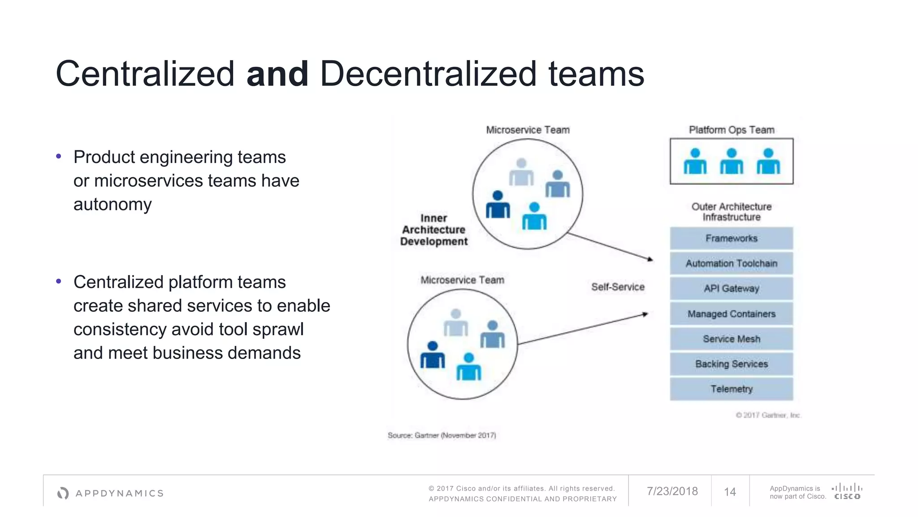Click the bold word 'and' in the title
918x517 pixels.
[x=277, y=74]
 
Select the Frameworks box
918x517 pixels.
[x=731, y=238]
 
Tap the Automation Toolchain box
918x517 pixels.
[x=731, y=263]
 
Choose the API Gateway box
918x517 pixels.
[x=731, y=289]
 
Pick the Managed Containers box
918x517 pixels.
[x=731, y=314]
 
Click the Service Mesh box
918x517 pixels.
[x=731, y=339]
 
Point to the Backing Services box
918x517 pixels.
[x=731, y=364]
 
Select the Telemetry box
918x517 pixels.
[x=731, y=389]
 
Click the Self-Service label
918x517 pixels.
[x=618, y=287]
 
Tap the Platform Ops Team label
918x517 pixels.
[x=732, y=130]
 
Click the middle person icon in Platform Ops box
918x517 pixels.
[x=732, y=162]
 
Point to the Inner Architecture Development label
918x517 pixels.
[x=433, y=230]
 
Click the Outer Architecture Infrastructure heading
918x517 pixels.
[x=732, y=212]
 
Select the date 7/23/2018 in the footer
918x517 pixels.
[x=672, y=491]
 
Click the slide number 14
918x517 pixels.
[x=730, y=492]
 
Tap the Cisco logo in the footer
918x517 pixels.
[x=847, y=491]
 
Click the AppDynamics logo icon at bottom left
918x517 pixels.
[x=63, y=493]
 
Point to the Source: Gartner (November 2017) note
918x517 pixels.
[x=442, y=435]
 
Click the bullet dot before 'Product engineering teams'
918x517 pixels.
[x=58, y=157]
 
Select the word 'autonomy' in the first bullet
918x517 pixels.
[x=113, y=205]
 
